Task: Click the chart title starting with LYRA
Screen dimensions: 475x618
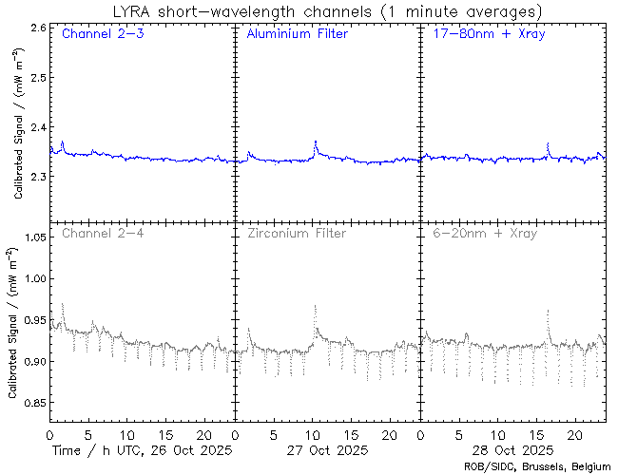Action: (325, 11)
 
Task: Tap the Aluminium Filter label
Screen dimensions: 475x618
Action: (297, 34)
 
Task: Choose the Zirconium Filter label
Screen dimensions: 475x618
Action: (297, 233)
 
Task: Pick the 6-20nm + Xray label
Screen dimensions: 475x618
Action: (483, 233)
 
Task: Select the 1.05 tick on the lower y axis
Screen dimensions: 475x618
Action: (34, 237)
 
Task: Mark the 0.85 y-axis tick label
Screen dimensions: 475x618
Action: (34, 403)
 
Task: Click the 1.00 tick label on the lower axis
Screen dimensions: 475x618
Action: (34, 278)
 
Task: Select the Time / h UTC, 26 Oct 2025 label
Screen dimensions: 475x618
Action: (141, 449)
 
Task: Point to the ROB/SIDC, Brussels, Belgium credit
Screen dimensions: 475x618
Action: (536, 466)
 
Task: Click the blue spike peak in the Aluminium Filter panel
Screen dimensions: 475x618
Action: (315, 142)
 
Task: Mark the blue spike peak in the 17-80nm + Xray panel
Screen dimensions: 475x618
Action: (549, 143)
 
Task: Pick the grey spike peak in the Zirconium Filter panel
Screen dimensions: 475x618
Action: (315, 306)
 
